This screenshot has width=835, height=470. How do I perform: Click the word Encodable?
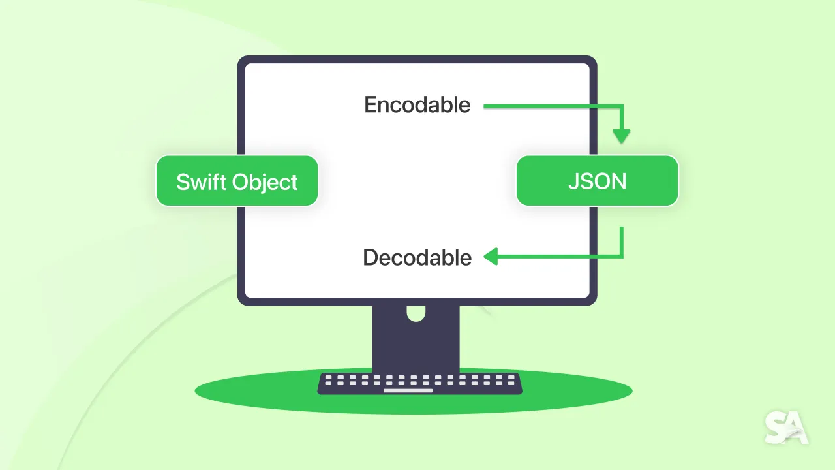point(417,105)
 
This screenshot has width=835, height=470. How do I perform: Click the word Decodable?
point(417,258)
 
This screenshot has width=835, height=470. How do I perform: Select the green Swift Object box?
point(237,181)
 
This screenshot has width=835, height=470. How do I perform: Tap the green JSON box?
point(597,181)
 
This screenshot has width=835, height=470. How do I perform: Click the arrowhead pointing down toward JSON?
point(622,136)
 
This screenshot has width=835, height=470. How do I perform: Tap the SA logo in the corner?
point(786,428)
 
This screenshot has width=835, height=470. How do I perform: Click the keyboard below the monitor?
point(419,383)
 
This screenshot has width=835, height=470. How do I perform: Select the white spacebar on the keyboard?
point(408,391)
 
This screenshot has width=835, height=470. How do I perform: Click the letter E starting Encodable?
point(371,105)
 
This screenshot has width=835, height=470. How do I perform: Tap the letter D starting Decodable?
point(371,258)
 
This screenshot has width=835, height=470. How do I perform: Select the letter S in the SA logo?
point(776,428)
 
